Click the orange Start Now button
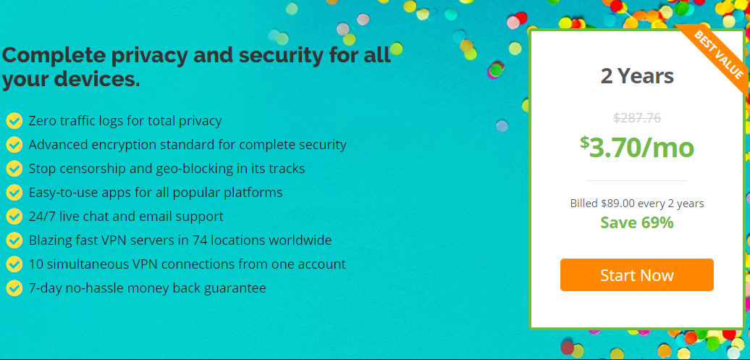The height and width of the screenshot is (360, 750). tap(636, 275)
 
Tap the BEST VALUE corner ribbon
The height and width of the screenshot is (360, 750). tap(717, 55)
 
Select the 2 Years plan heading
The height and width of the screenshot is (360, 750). tap(637, 76)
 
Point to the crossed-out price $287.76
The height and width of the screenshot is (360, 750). tap(637, 118)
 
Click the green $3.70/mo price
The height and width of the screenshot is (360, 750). tap(637, 148)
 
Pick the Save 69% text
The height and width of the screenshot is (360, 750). tap(637, 222)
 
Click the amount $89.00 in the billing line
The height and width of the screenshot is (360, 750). tap(618, 204)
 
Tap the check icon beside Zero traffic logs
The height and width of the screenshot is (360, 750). tap(14, 121)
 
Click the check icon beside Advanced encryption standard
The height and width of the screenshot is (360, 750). tap(14, 145)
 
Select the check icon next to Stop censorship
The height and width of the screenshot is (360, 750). tap(14, 169)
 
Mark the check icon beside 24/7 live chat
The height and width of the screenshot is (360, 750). tap(14, 217)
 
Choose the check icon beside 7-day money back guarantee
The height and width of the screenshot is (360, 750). tap(14, 288)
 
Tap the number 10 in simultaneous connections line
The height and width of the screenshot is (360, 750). tap(36, 264)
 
